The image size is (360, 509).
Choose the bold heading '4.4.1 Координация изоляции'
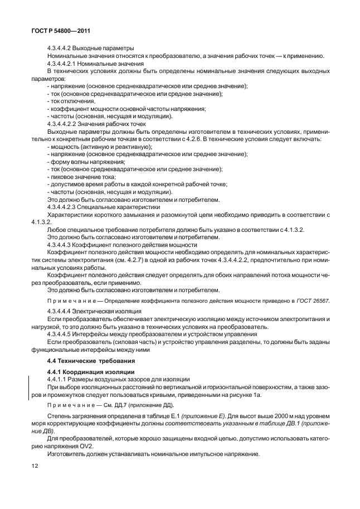[x=84, y=371]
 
